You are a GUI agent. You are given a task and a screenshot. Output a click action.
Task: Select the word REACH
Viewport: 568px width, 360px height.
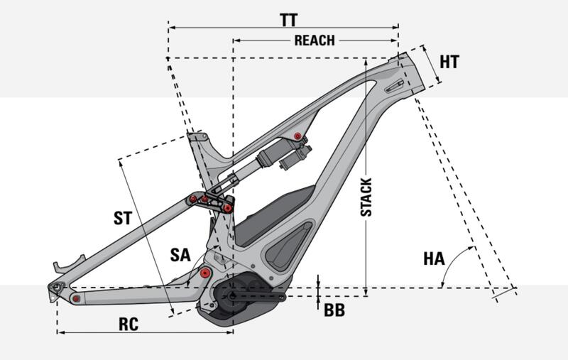314,40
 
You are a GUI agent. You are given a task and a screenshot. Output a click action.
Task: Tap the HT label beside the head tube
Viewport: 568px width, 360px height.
449,62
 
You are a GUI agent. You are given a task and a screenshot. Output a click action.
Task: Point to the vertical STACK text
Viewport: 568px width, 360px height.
366,197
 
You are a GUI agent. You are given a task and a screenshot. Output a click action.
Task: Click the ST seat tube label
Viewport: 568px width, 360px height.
123,218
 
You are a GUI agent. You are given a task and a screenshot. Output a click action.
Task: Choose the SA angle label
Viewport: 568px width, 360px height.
180,255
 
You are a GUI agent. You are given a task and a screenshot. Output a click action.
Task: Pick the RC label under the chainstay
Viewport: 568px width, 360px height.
129,324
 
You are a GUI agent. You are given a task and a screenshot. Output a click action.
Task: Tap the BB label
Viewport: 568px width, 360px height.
334,310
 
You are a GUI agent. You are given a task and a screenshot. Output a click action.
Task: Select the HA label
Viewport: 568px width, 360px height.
434,259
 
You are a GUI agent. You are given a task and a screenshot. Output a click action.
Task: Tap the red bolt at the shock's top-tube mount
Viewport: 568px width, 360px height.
297,136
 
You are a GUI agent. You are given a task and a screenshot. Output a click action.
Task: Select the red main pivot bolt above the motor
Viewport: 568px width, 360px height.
206,273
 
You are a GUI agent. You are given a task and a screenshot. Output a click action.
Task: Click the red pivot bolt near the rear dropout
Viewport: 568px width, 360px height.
75,298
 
